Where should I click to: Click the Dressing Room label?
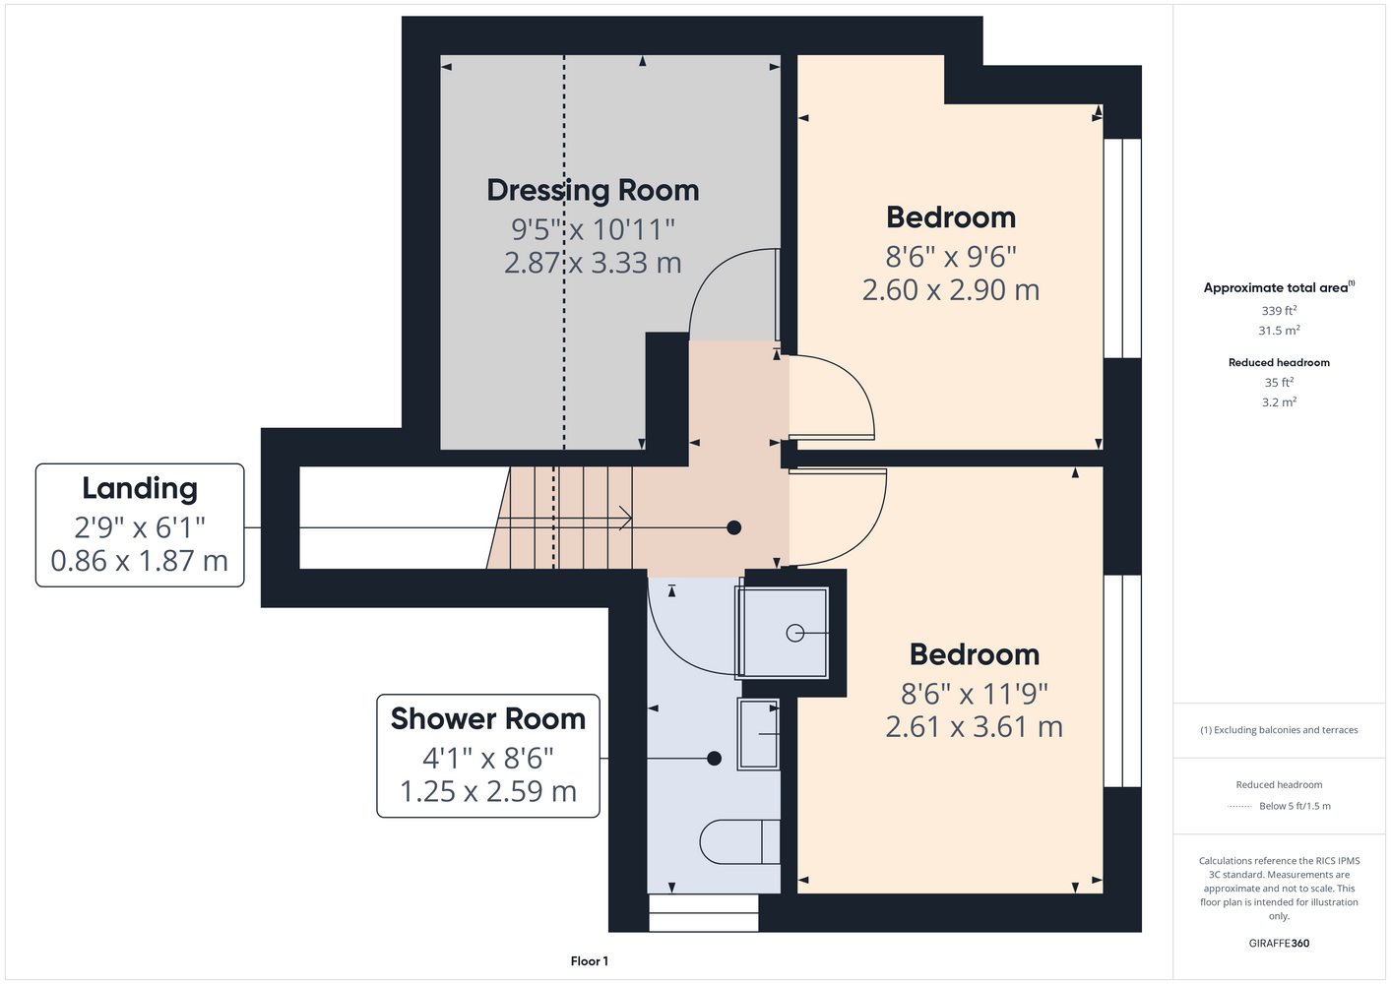[x=593, y=191]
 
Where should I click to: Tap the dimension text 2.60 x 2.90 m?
[x=951, y=290]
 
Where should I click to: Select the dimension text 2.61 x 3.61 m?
[x=974, y=727]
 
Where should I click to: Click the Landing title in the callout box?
[x=140, y=489]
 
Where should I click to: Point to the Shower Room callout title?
[x=488, y=719]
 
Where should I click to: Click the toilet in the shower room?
[x=739, y=842]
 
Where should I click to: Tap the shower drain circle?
[x=794, y=634]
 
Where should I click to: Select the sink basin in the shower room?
[x=758, y=734]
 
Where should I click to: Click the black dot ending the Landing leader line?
[x=734, y=527]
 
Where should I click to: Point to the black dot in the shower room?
[x=714, y=758]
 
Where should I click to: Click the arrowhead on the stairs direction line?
[x=626, y=518]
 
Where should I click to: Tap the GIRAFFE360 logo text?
[x=1279, y=943]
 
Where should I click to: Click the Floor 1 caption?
[x=590, y=961]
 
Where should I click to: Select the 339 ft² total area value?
[x=1279, y=310]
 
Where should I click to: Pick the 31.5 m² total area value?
[x=1279, y=331]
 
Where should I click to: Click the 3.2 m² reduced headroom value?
[x=1279, y=401]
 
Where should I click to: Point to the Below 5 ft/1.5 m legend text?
[x=1295, y=806]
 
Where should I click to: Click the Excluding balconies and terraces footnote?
[x=1279, y=730]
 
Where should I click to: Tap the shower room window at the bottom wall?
[x=704, y=912]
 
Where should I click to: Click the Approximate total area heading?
[x=1279, y=287]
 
